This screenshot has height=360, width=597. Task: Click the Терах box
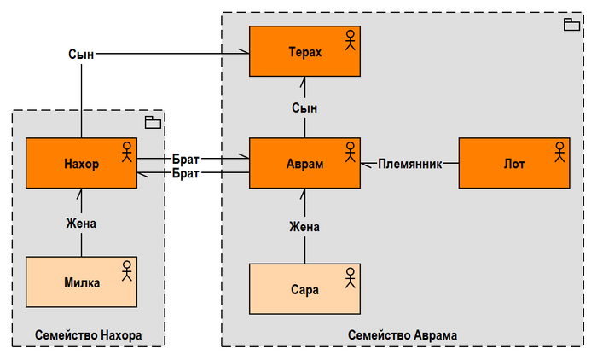coord(304,52)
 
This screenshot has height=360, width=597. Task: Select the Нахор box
coord(81,163)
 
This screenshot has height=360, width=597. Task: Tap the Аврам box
coord(304,163)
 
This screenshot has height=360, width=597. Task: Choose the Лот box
coord(513,163)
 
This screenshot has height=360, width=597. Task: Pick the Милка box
coord(81,282)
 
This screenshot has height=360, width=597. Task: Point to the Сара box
coord(304,289)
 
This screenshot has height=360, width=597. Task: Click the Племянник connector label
coord(410,164)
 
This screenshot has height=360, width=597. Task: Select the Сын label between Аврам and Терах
coord(304,108)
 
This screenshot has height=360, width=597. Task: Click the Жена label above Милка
coord(81,224)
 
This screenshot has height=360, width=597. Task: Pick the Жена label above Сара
coord(304,227)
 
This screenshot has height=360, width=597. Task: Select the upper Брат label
coord(186,159)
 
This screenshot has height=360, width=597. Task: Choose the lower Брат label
coord(186,173)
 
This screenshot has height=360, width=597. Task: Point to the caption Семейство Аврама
coord(403,335)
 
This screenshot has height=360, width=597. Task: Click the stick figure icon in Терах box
coord(349,40)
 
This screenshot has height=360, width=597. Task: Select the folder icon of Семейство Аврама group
coord(571,25)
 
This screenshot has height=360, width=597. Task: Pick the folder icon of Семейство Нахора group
coord(153,122)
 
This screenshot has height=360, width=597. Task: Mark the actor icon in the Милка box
coord(126,270)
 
